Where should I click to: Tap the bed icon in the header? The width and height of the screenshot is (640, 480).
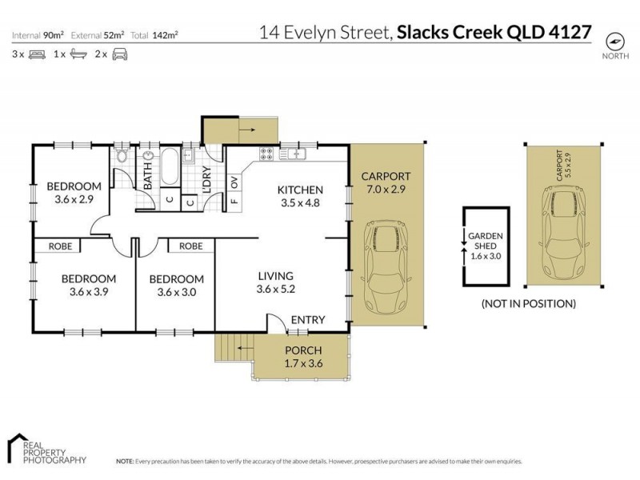pos(36,54)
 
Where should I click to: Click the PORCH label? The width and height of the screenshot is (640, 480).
pos(302,350)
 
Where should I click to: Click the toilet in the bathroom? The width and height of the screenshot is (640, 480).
pos(121,156)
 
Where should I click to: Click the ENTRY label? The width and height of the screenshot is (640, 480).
pos(307,320)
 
